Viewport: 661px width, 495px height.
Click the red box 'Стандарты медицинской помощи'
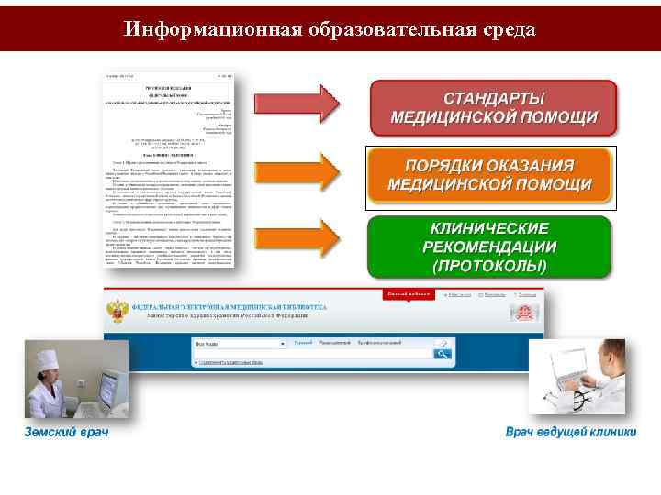click(x=494, y=109)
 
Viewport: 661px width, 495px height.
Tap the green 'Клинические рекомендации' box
click(x=489, y=247)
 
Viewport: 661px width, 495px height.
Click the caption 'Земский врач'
click(x=66, y=432)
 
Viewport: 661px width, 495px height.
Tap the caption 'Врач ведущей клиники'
click(x=570, y=432)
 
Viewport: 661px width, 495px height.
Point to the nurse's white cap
click(x=45, y=352)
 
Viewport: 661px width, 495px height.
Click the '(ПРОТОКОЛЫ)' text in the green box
click(x=489, y=267)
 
